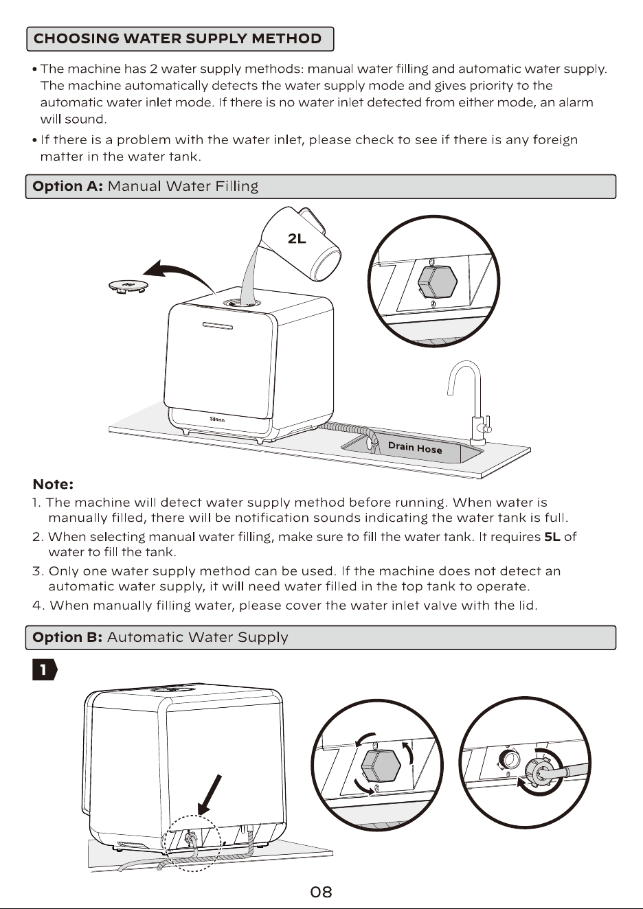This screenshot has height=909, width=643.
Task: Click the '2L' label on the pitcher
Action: (297, 239)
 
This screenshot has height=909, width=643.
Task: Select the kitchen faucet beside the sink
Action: (471, 402)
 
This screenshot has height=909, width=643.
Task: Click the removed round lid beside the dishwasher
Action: (128, 286)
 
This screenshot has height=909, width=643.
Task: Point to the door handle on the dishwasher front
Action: (218, 325)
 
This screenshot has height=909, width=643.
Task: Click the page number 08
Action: (321, 892)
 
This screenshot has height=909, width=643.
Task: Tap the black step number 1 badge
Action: (45, 669)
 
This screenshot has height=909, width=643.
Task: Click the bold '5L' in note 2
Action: (552, 537)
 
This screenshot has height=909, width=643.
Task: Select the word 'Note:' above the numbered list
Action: (53, 484)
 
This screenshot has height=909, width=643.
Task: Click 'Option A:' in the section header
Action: (68, 186)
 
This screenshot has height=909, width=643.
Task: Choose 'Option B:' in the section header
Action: (67, 637)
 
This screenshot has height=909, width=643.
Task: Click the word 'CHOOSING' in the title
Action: (76, 38)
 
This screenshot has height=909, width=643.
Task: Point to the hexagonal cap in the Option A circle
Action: (437, 281)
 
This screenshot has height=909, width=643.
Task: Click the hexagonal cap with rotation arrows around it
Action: (381, 766)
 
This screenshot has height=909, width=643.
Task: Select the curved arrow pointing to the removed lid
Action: (179, 273)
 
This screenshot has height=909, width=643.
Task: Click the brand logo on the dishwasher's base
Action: (217, 419)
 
